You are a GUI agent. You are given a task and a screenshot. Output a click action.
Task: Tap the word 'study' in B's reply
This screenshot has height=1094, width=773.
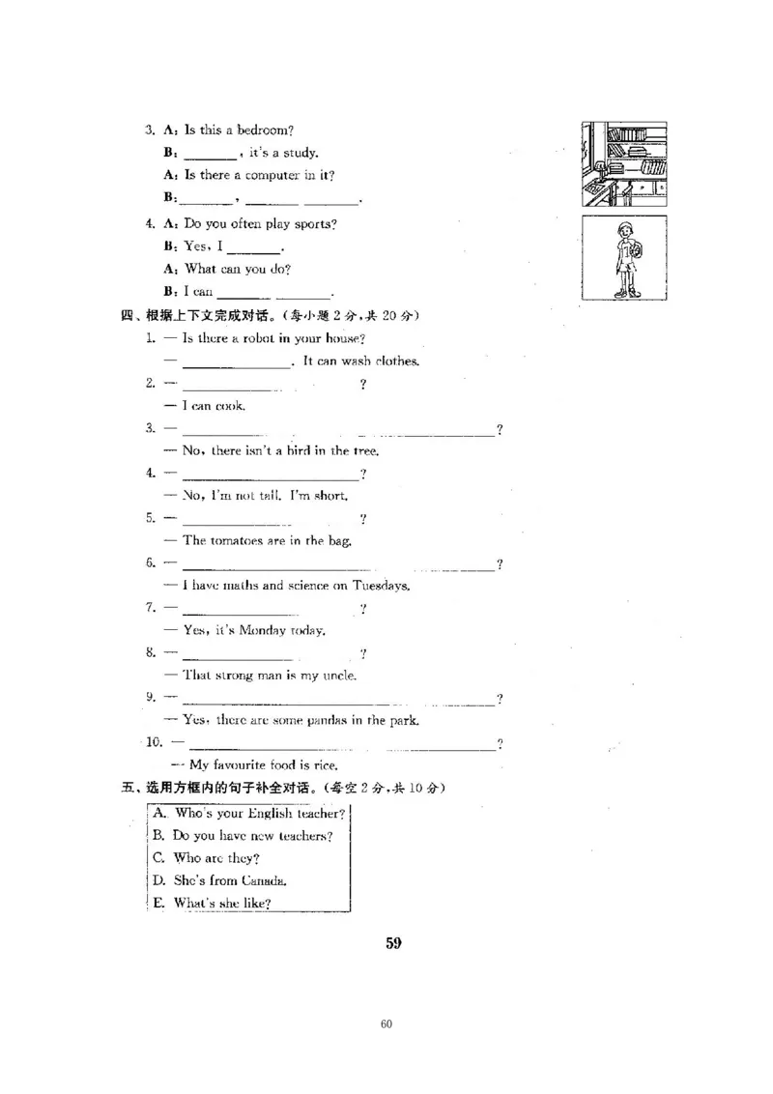[x=301, y=153]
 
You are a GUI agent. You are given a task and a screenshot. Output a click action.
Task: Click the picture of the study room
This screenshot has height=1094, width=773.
[x=623, y=163]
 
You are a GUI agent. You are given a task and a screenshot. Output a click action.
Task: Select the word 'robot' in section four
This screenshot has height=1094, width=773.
[x=252, y=338]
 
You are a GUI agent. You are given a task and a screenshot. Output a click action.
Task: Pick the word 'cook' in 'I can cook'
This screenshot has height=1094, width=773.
[x=229, y=406]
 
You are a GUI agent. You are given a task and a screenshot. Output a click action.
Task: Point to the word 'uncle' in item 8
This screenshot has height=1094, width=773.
[x=337, y=676]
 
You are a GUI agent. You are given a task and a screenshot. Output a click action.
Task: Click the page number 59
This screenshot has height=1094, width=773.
[x=393, y=943]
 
